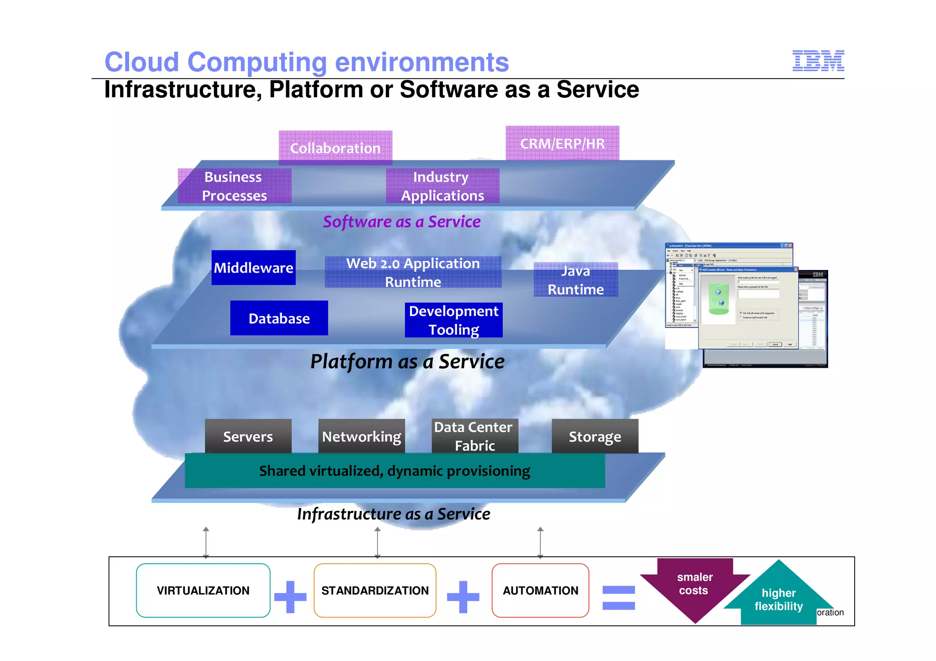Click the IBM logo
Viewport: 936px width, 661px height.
818,61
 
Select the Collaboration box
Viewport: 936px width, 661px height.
335,148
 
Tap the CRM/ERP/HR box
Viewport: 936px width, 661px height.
562,143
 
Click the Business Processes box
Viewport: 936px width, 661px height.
234,186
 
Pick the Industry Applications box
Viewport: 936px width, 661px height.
442,186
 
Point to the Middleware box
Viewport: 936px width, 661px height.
254,268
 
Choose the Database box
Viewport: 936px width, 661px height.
279,318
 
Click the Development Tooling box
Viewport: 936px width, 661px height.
453,320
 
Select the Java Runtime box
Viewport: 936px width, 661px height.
576,280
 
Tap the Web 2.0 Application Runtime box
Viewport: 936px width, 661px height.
413,272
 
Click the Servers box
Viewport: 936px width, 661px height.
248,436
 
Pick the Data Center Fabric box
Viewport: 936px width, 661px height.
475,436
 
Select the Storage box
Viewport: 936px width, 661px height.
595,436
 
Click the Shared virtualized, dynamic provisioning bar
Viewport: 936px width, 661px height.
395,471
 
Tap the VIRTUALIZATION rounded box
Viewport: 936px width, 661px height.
203,590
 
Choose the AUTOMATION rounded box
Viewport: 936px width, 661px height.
540,590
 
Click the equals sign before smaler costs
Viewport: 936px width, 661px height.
619,598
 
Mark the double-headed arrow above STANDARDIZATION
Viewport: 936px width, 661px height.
378,543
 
